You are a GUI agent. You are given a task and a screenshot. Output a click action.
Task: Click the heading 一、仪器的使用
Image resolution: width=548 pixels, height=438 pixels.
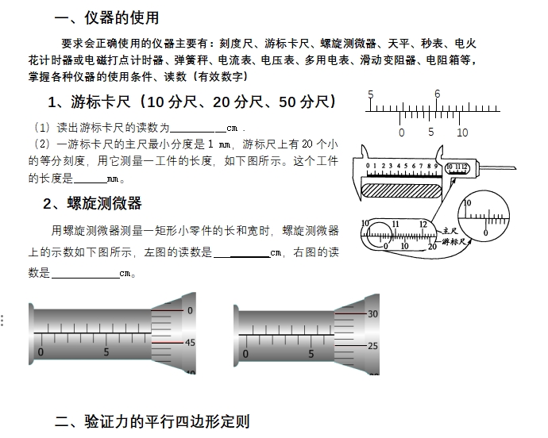tap(106, 17)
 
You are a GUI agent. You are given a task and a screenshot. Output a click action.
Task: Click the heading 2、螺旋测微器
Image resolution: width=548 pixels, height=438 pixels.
tap(92, 203)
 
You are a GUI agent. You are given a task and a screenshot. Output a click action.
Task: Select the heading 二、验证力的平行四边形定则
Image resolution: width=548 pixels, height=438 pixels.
tap(152, 421)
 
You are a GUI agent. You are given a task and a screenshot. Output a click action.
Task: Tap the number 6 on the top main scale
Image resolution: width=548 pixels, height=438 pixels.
tap(437, 94)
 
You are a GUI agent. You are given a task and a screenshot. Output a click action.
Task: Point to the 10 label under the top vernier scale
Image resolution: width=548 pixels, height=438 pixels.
tap(462, 133)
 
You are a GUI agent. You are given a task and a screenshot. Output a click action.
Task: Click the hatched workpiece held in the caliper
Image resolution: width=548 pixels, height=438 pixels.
tap(401, 190)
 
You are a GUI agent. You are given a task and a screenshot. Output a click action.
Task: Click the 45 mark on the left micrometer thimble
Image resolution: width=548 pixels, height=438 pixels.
tap(190, 343)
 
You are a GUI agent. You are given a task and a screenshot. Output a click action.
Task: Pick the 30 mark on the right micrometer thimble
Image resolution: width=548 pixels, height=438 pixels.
tap(373, 314)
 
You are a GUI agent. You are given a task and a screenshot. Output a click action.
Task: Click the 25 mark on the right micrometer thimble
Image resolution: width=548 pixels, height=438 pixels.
tap(373, 346)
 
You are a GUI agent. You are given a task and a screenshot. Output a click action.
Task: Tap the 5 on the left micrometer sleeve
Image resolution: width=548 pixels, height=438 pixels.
tap(106, 352)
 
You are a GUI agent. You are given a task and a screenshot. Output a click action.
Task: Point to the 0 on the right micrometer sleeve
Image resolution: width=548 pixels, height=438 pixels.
tap(245, 353)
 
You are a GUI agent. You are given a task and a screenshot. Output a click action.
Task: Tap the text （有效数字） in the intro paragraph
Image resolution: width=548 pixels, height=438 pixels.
tap(222, 77)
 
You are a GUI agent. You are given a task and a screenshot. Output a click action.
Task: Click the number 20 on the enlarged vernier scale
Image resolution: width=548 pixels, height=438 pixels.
tap(431, 247)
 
